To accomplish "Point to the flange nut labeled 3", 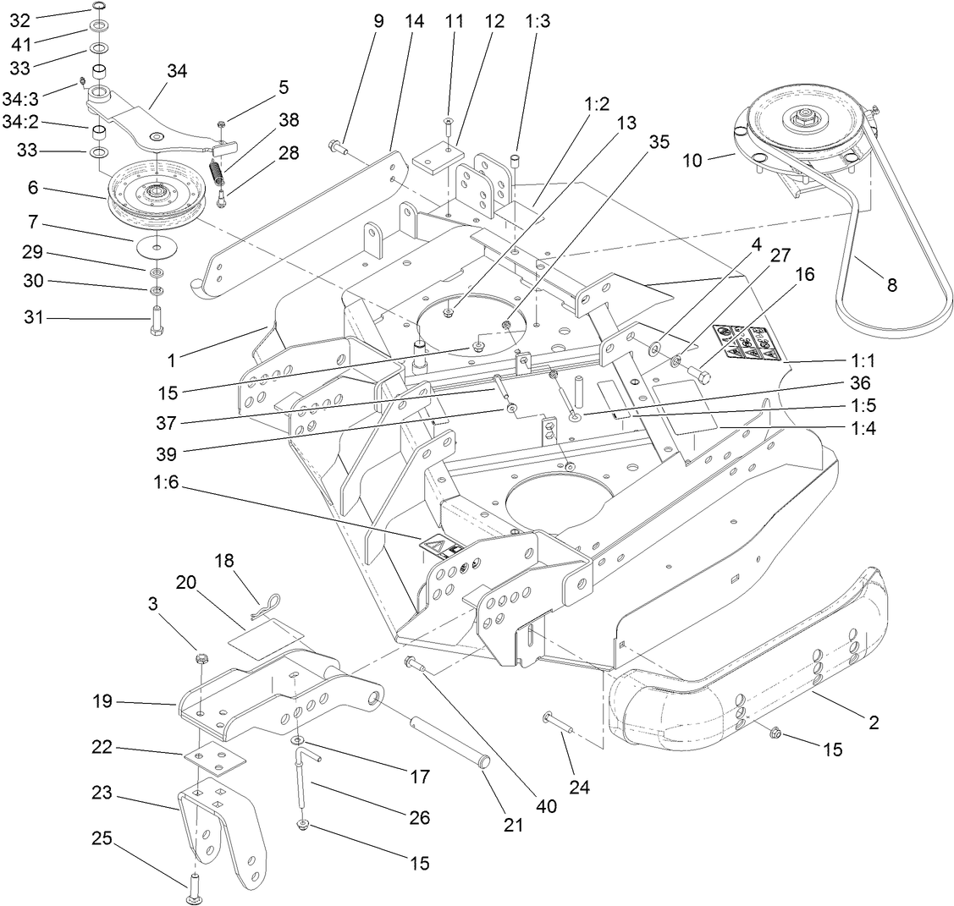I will tap(201, 658).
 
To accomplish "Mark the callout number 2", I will tap(874, 723).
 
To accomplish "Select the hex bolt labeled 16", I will tap(699, 372).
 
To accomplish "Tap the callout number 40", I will tap(546, 806).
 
